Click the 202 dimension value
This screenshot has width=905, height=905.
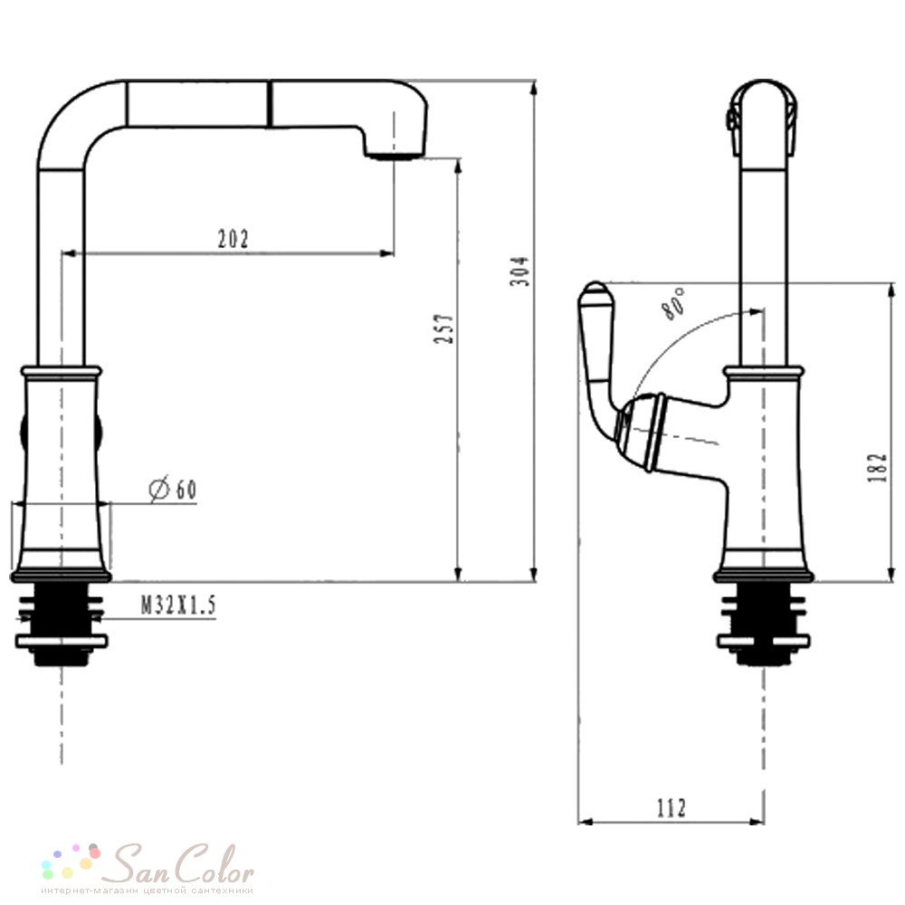233,239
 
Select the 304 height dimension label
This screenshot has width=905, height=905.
519,271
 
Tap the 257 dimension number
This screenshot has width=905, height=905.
443,329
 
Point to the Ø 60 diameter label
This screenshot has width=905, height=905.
173,489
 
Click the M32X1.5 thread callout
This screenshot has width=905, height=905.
178,605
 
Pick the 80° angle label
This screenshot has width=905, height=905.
673,303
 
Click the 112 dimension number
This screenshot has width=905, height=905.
672,808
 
